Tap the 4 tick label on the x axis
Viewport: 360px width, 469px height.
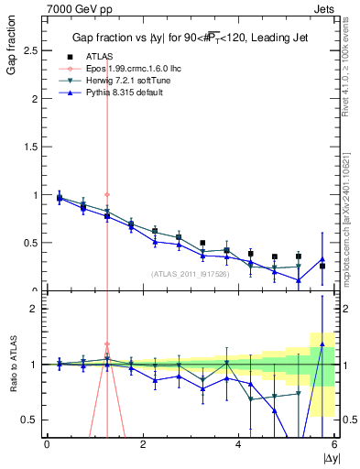coord(238,444)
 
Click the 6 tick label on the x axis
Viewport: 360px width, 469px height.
coord(334,444)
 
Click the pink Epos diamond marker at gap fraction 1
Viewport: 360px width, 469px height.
coord(107,194)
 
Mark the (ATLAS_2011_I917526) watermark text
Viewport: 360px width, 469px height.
coord(189,273)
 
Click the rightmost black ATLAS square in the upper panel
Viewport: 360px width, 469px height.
coord(322,266)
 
